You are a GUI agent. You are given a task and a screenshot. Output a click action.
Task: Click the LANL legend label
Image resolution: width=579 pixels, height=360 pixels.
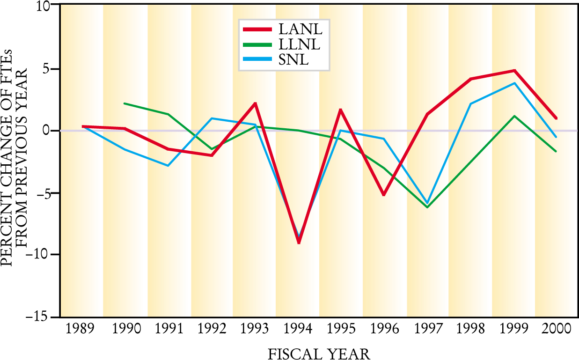[x=300, y=29]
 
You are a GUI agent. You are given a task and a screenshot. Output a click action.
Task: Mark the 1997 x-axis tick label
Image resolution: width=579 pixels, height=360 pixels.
[x=427, y=329]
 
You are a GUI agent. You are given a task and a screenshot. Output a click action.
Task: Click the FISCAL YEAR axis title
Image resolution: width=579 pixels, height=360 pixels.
[x=319, y=353]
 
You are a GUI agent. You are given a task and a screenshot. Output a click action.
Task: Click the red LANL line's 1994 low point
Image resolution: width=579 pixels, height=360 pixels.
[x=298, y=242]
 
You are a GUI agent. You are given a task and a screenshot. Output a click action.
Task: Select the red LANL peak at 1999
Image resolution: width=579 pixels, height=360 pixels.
[x=514, y=71]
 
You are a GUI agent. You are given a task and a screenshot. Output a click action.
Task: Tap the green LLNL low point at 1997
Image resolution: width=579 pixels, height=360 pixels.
[x=427, y=207]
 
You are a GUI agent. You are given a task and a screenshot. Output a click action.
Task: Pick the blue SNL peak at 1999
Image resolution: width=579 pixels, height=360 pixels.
[x=514, y=83]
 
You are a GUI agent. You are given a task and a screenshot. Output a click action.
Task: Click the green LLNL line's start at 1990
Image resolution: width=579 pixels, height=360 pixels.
[x=125, y=103]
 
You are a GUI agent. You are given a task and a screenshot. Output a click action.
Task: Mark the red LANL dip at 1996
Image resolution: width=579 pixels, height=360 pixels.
[x=384, y=194]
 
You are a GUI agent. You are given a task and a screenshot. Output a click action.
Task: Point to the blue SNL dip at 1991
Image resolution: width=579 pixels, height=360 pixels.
[x=168, y=166]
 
